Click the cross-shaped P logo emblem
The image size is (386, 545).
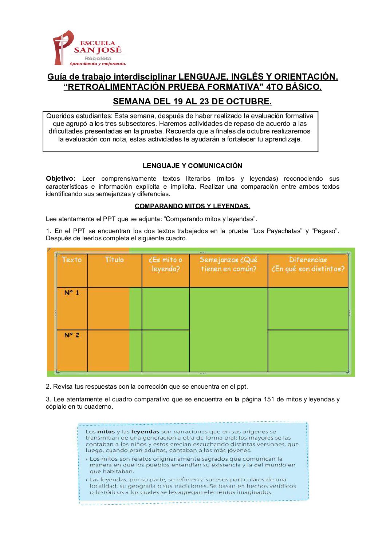pos(63,47)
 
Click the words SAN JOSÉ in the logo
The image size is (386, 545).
pos(97,50)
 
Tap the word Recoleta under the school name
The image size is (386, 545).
pos(98,58)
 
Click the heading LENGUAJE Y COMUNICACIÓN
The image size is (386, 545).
pos(192,166)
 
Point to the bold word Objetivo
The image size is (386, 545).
pos(60,179)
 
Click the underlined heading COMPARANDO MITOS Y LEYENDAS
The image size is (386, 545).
pos(192,206)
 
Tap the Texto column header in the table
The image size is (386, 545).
pos(72,260)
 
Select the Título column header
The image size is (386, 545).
pos(114,260)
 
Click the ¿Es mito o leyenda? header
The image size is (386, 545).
pos(166,264)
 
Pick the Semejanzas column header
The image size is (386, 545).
pos(228,264)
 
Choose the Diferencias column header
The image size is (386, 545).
pos(308,264)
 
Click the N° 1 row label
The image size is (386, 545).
pos(72,293)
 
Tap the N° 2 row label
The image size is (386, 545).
pos(72,335)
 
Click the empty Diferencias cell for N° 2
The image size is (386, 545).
pos(308,351)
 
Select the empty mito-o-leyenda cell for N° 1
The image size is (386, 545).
pos(166,308)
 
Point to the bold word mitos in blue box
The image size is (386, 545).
pos(106,432)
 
